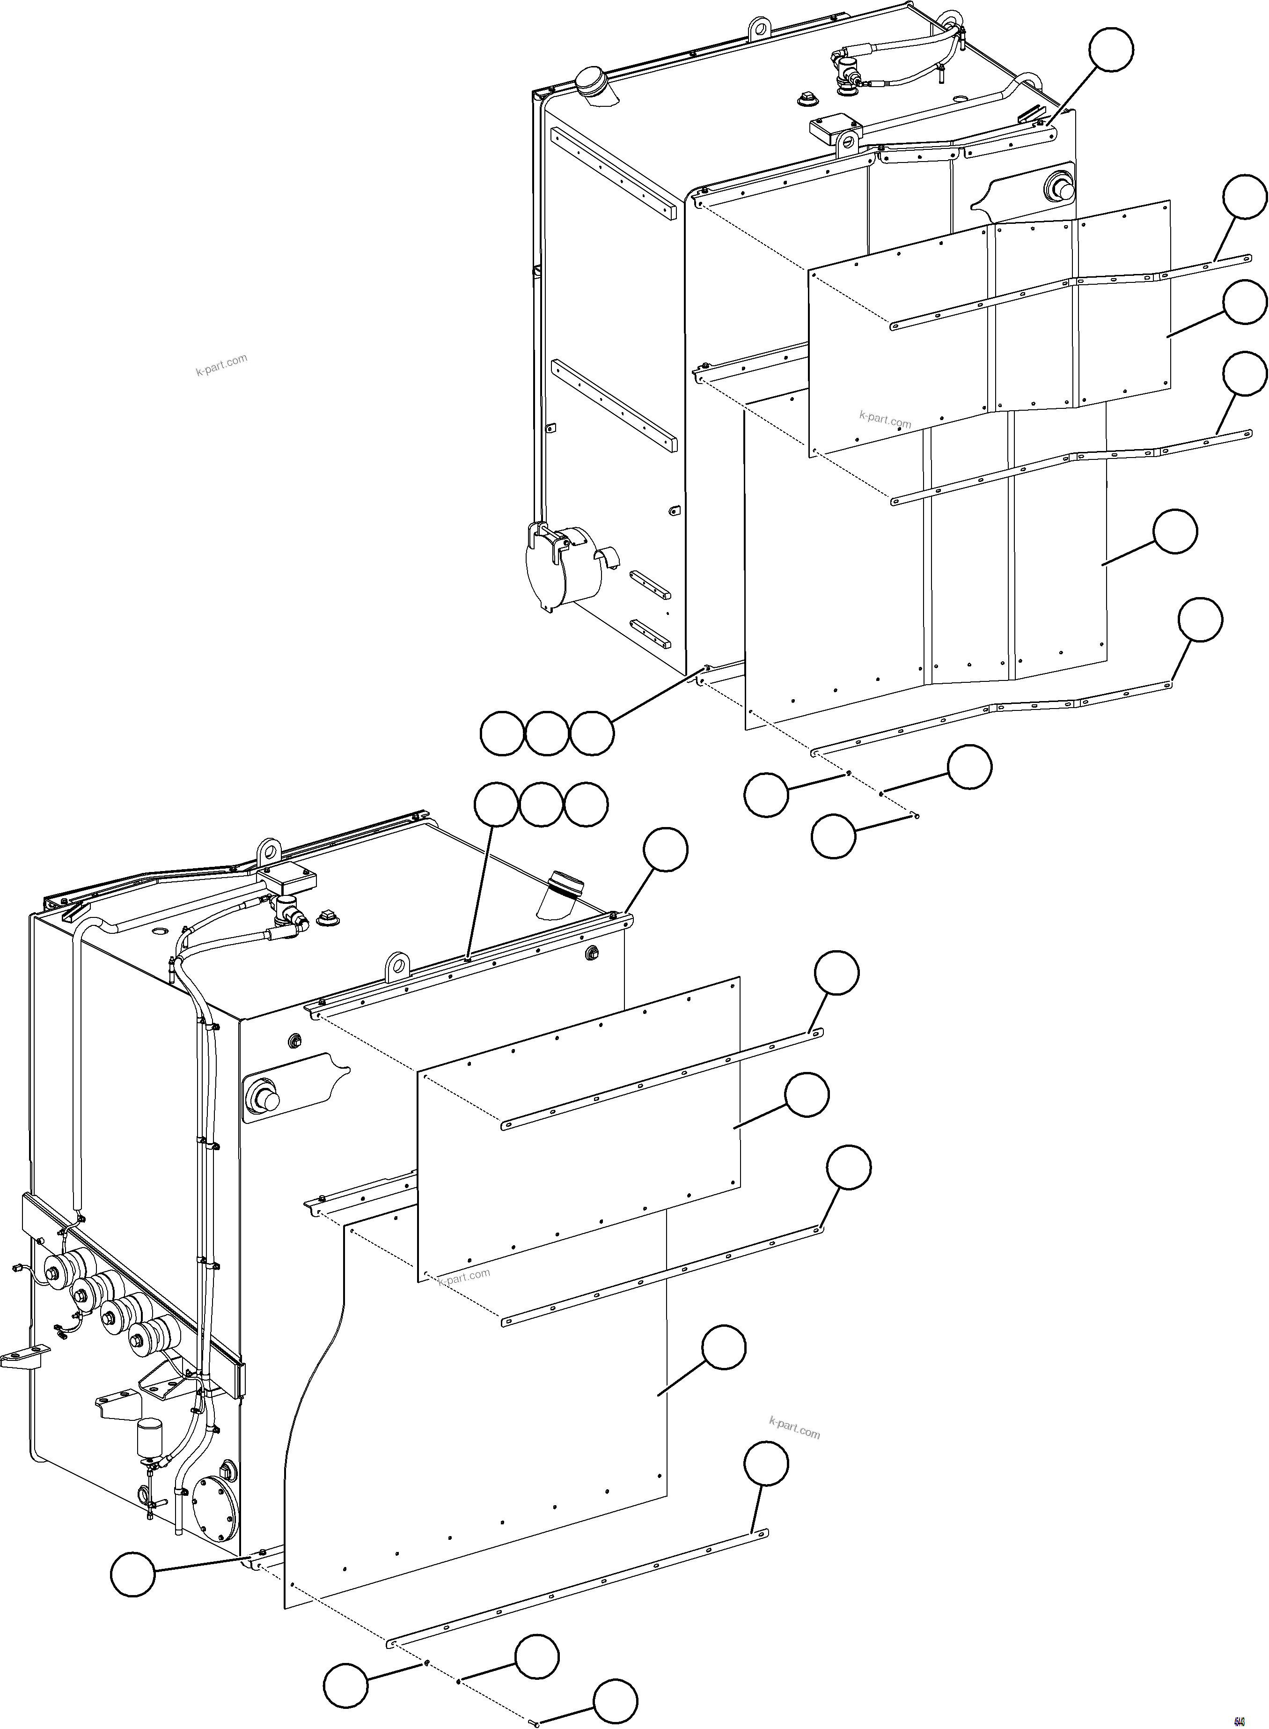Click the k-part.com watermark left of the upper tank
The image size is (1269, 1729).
point(221,364)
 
